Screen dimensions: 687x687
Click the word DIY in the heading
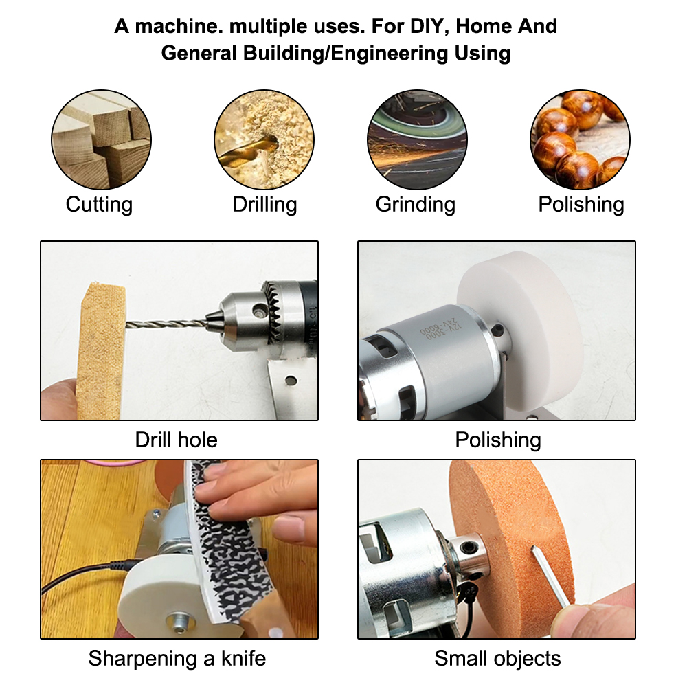pyautogui.click(x=426, y=26)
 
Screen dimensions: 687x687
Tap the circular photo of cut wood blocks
pyautogui.click(x=101, y=139)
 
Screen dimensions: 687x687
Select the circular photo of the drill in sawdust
pyautogui.click(x=264, y=139)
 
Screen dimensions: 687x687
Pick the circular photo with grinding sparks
pyautogui.click(x=417, y=139)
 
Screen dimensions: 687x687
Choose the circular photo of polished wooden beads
pyautogui.click(x=580, y=139)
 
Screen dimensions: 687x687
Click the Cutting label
pyautogui.click(x=99, y=204)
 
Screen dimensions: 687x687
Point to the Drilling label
pyautogui.click(x=264, y=204)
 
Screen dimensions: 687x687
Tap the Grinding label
pyautogui.click(x=416, y=204)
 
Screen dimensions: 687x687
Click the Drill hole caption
pyautogui.click(x=176, y=440)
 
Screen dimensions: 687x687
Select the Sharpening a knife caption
pyautogui.click(x=177, y=658)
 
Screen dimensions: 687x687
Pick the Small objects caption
pyautogui.click(x=497, y=658)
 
